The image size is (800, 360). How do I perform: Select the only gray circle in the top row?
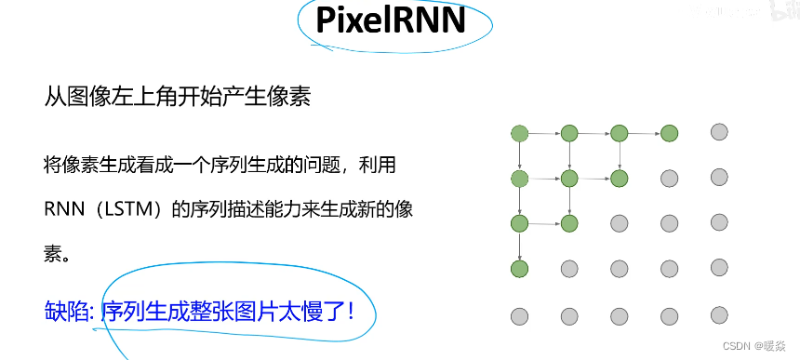pyautogui.click(x=718, y=132)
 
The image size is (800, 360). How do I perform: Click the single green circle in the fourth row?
pyautogui.click(x=519, y=269)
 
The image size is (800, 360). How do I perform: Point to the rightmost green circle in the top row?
pyautogui.click(x=669, y=133)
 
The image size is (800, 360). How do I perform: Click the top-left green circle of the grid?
pyautogui.click(x=519, y=133)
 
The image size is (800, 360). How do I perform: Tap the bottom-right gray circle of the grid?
pyautogui.click(x=718, y=314)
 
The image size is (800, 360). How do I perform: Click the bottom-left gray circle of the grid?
pyautogui.click(x=519, y=315)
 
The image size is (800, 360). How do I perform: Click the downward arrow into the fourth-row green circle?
pyautogui.click(x=519, y=247)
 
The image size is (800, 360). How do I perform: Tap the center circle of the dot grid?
pyautogui.click(x=619, y=223)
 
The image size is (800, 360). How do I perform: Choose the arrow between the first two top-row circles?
pyautogui.click(x=544, y=133)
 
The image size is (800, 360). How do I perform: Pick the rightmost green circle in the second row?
pyautogui.click(x=619, y=178)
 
